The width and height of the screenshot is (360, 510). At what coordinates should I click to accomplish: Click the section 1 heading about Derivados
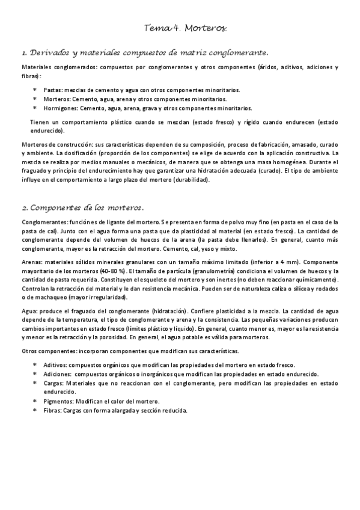coord(144,52)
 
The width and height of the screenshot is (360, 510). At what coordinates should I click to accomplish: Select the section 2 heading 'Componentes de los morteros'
coord(82,207)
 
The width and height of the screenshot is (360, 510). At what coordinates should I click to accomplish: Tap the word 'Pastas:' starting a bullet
coord(53,90)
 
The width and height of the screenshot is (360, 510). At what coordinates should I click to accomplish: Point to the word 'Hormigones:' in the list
coord(59,109)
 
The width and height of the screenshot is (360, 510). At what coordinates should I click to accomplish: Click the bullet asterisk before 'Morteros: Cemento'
coord(34,99)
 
